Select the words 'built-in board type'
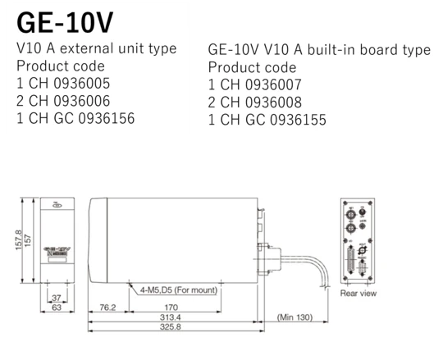coord(371,50)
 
